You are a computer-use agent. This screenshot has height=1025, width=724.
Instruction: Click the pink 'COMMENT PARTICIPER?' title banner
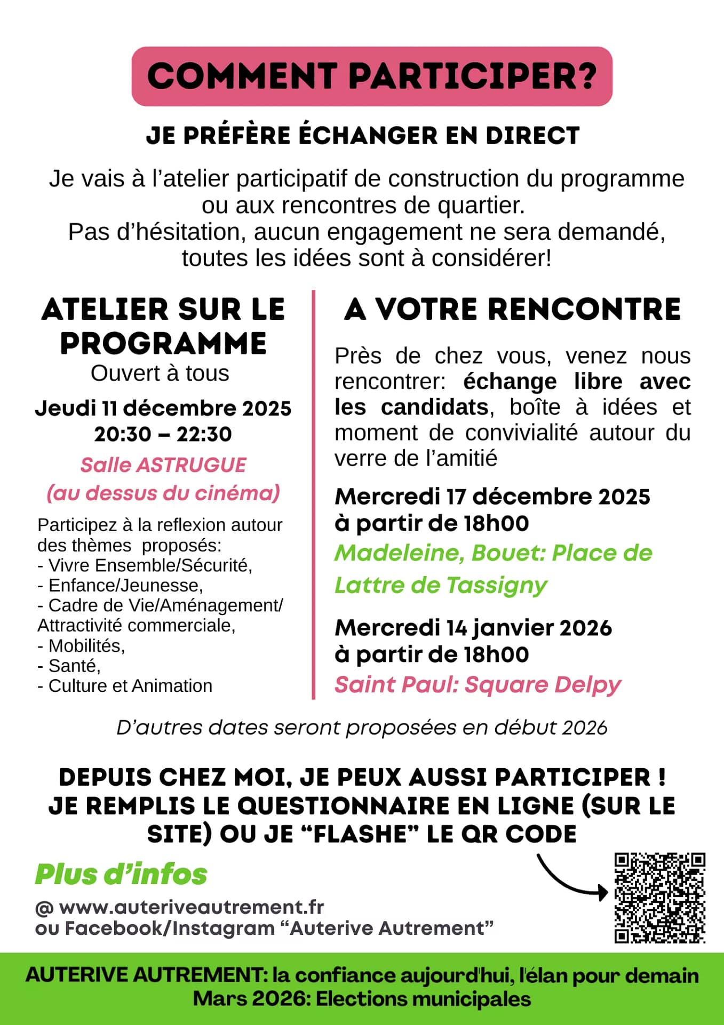[372, 76]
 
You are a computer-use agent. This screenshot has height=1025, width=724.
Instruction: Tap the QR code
[659, 898]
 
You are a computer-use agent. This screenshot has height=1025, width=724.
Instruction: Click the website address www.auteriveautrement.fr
[192, 907]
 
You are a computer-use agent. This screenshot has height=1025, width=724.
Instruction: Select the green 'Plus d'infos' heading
[121, 874]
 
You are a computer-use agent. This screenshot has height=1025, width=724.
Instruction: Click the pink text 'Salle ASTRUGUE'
[163, 465]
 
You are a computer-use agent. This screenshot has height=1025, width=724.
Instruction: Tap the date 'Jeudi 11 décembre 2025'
[163, 408]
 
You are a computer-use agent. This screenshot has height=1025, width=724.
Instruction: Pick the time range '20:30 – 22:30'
[163, 434]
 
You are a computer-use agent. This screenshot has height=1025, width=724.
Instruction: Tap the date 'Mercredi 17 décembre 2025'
[492, 496]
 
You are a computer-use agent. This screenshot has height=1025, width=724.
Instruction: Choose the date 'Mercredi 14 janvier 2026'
[473, 628]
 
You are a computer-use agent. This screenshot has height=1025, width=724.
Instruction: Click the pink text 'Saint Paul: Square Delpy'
[478, 684]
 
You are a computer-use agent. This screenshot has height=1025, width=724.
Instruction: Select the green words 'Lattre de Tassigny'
[441, 585]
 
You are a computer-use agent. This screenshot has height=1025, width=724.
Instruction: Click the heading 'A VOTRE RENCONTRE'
[512, 310]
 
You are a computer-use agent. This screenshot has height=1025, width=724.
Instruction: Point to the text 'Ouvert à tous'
[160, 373]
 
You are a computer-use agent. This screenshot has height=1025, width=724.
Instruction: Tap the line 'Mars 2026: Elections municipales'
[362, 999]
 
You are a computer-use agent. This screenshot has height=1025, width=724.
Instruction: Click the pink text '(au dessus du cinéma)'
[163, 493]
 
